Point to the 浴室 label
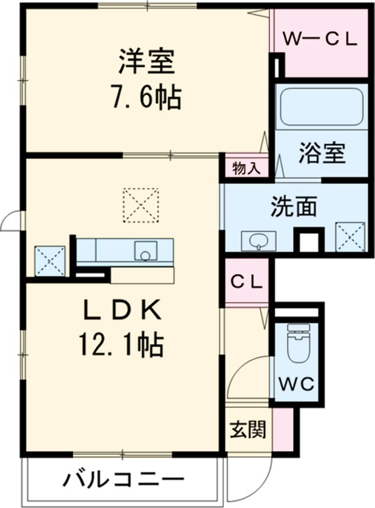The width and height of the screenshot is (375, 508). (321, 153)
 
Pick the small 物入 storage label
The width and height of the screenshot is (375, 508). (246, 168)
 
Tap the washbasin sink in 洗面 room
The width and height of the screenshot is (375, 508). (258, 240)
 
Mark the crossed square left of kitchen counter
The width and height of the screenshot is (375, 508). (50, 260)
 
